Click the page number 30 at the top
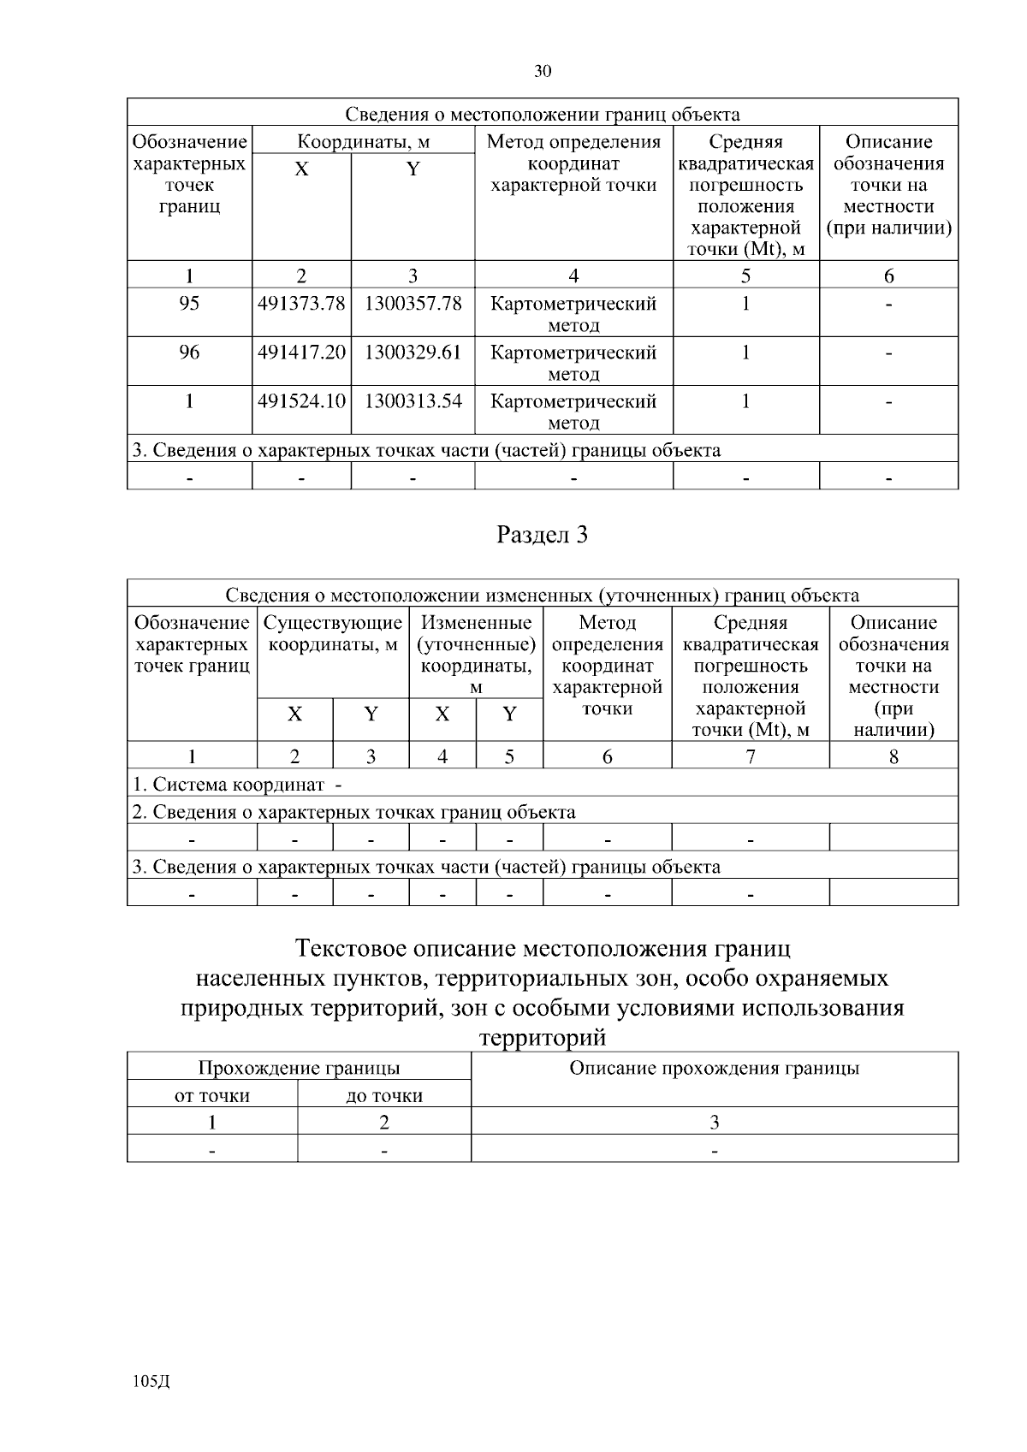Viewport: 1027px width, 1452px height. [x=543, y=72]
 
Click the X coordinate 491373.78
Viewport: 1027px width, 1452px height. [x=301, y=304]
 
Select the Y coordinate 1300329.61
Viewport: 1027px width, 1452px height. [x=413, y=353]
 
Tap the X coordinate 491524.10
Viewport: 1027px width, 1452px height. [x=301, y=401]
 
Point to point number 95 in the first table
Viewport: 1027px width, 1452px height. [x=189, y=304]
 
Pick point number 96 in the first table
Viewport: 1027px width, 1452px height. [x=189, y=353]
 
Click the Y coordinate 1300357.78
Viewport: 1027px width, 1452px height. [x=413, y=304]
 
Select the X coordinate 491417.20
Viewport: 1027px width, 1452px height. [x=301, y=353]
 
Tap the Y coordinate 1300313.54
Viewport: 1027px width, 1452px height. [x=413, y=401]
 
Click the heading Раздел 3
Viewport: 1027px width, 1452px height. [x=543, y=536]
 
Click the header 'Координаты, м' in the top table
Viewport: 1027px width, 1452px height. [x=363, y=142]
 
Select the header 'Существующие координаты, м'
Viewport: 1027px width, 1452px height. [x=333, y=633]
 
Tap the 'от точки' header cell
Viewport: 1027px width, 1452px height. [x=212, y=1095]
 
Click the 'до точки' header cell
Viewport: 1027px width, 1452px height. [x=384, y=1095]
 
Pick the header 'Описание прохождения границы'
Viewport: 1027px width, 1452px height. [x=715, y=1068]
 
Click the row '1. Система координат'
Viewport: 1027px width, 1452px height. [x=237, y=785]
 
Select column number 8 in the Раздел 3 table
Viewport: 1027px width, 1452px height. [x=893, y=756]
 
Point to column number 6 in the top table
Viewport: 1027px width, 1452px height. [x=888, y=276]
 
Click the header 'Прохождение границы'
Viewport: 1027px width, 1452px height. [x=299, y=1068]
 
